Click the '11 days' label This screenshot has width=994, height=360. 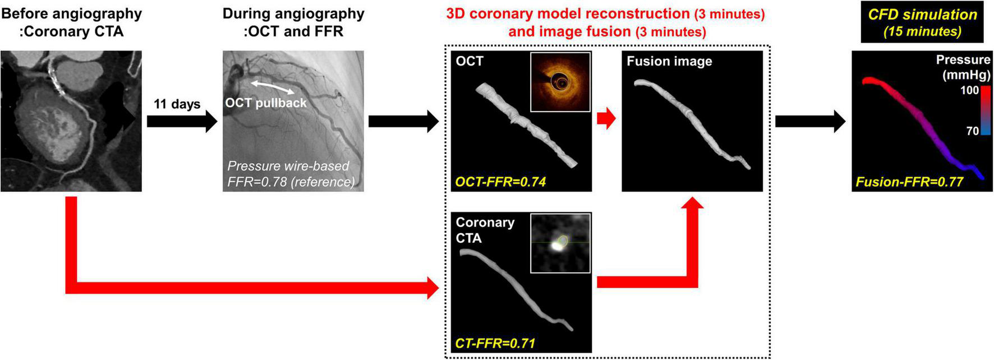[177, 104]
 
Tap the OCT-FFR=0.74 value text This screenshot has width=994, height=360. [500, 181]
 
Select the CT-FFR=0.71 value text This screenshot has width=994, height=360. [495, 343]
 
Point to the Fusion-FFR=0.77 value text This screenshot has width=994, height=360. [909, 182]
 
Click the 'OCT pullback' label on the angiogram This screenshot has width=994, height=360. [266, 103]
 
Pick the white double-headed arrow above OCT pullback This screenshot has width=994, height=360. [272, 87]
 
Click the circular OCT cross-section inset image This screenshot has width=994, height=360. [560, 82]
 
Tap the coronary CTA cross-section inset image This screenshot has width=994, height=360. [560, 243]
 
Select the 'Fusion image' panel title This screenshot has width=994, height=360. [669, 61]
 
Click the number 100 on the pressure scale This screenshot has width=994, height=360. [969, 90]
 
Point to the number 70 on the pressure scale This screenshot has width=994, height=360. [972, 131]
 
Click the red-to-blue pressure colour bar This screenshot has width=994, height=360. [986, 110]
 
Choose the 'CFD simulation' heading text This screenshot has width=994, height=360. [922, 15]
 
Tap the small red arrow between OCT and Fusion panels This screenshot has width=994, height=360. [606, 119]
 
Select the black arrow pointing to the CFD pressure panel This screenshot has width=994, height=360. [810, 121]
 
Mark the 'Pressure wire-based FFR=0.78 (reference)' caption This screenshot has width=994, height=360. [291, 174]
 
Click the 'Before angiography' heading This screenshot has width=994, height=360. [71, 14]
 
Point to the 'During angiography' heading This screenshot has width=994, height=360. [293, 14]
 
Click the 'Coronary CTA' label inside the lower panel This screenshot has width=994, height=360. [485, 230]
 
